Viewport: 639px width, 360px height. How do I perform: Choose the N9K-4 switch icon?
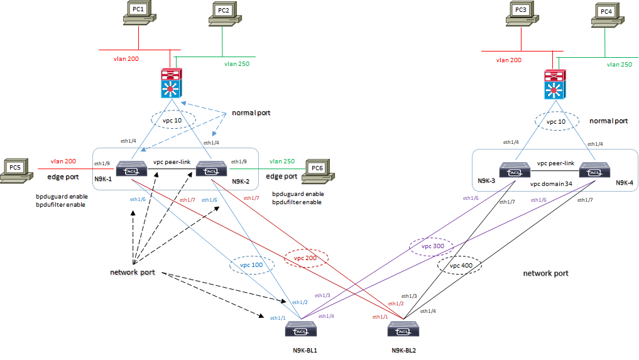pyautogui.click(x=593, y=170)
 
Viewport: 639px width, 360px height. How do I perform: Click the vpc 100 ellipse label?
pyautogui.click(x=250, y=266)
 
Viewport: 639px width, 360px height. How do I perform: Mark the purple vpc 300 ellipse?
pyautogui.click(x=431, y=246)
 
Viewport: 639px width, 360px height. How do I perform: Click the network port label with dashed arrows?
pyautogui.click(x=132, y=272)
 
